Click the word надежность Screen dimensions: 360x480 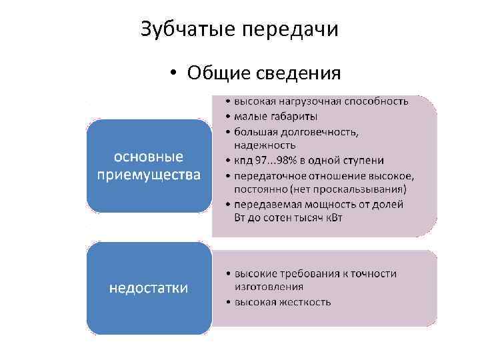click(x=265, y=145)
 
